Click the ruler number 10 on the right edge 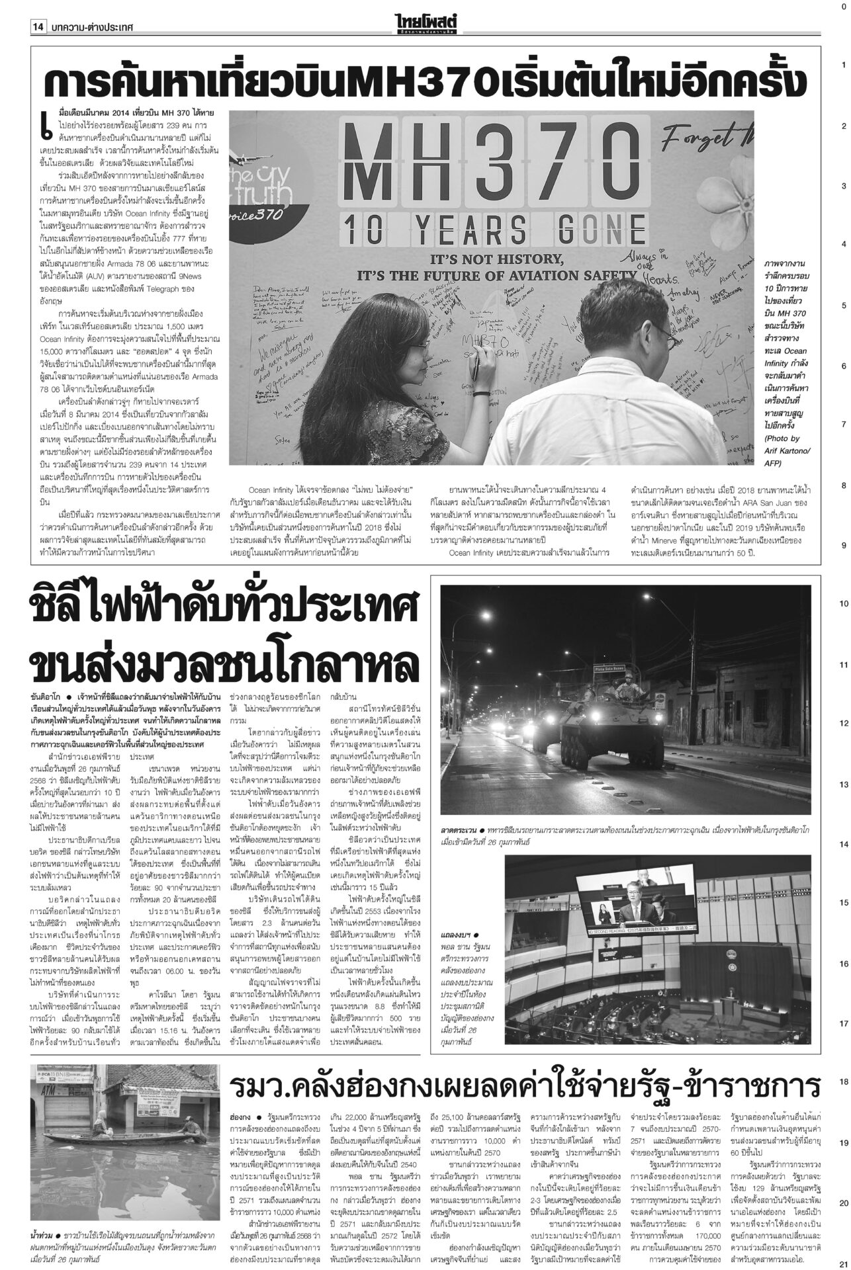click(843, 604)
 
